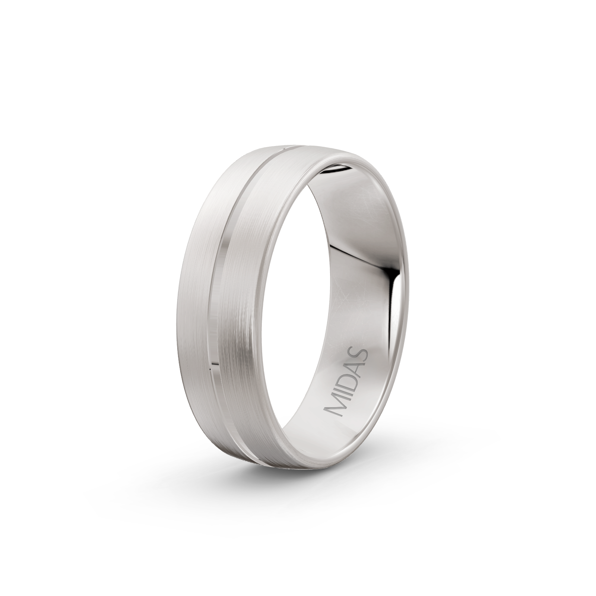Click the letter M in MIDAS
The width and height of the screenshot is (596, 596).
click(x=336, y=408)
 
